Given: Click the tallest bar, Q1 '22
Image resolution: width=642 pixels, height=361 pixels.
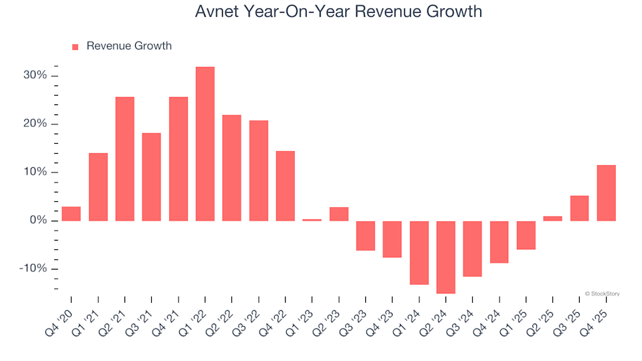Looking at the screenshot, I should tap(205, 144).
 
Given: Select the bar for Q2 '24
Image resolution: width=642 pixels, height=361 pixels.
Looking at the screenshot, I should tap(446, 257).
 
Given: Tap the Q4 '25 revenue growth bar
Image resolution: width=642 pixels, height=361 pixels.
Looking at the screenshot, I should tap(606, 193).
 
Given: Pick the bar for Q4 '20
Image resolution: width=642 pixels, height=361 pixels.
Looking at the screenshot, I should tap(72, 214).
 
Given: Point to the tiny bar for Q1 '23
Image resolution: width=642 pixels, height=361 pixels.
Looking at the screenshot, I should tap(312, 220).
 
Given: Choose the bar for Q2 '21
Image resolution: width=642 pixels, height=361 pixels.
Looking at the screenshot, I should tap(125, 159).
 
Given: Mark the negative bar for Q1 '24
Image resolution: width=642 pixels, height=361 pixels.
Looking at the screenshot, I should tap(419, 253).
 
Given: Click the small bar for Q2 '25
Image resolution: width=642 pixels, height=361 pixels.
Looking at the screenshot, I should tap(553, 219).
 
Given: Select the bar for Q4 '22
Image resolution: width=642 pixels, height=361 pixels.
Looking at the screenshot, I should tap(286, 186).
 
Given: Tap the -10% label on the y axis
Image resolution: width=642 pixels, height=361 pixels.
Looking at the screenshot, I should tap(32, 269).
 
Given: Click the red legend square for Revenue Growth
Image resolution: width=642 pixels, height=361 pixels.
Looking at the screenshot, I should tap(75, 47).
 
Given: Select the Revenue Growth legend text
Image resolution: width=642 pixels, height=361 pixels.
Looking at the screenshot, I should tap(129, 46).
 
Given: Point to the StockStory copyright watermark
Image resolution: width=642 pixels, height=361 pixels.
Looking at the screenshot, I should tap(602, 293).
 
